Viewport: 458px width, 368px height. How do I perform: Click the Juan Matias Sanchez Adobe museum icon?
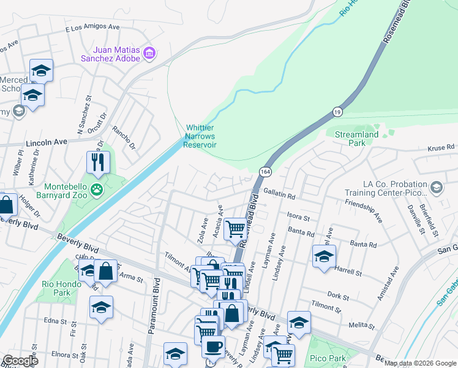click(149, 55)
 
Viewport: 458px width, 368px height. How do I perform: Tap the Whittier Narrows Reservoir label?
click(201, 136)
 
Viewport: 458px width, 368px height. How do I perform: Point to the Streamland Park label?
click(356, 139)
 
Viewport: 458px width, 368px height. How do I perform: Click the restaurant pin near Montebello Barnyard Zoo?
click(98, 163)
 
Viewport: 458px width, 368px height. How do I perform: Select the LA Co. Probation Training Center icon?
click(437, 186)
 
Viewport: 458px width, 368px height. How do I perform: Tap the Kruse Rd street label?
click(441, 148)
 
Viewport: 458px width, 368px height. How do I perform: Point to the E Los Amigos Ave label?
click(92, 28)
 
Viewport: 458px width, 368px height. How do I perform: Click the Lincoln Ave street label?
click(46, 142)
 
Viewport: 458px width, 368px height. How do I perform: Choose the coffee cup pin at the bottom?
click(213, 347)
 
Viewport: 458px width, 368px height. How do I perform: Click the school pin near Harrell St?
click(324, 256)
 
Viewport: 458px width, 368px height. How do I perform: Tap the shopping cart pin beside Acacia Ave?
click(235, 229)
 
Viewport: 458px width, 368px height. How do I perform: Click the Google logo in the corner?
click(21, 361)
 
